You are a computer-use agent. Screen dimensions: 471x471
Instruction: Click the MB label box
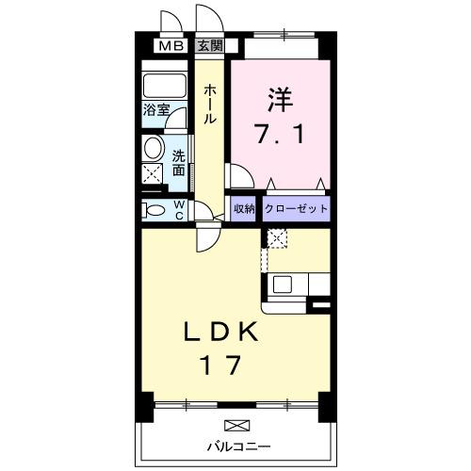[170, 44]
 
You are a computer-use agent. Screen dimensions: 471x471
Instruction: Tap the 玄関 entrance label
[210, 44]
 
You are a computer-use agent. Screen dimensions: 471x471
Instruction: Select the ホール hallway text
[209, 104]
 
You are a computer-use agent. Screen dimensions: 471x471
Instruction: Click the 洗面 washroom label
[178, 163]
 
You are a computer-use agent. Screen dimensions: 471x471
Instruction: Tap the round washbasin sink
[153, 149]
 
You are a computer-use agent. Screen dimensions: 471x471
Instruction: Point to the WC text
[178, 209]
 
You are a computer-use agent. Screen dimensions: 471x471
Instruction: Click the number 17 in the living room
[222, 365]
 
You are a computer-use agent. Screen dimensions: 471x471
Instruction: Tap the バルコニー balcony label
[239, 444]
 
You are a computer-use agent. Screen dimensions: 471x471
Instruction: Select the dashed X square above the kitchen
[276, 237]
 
